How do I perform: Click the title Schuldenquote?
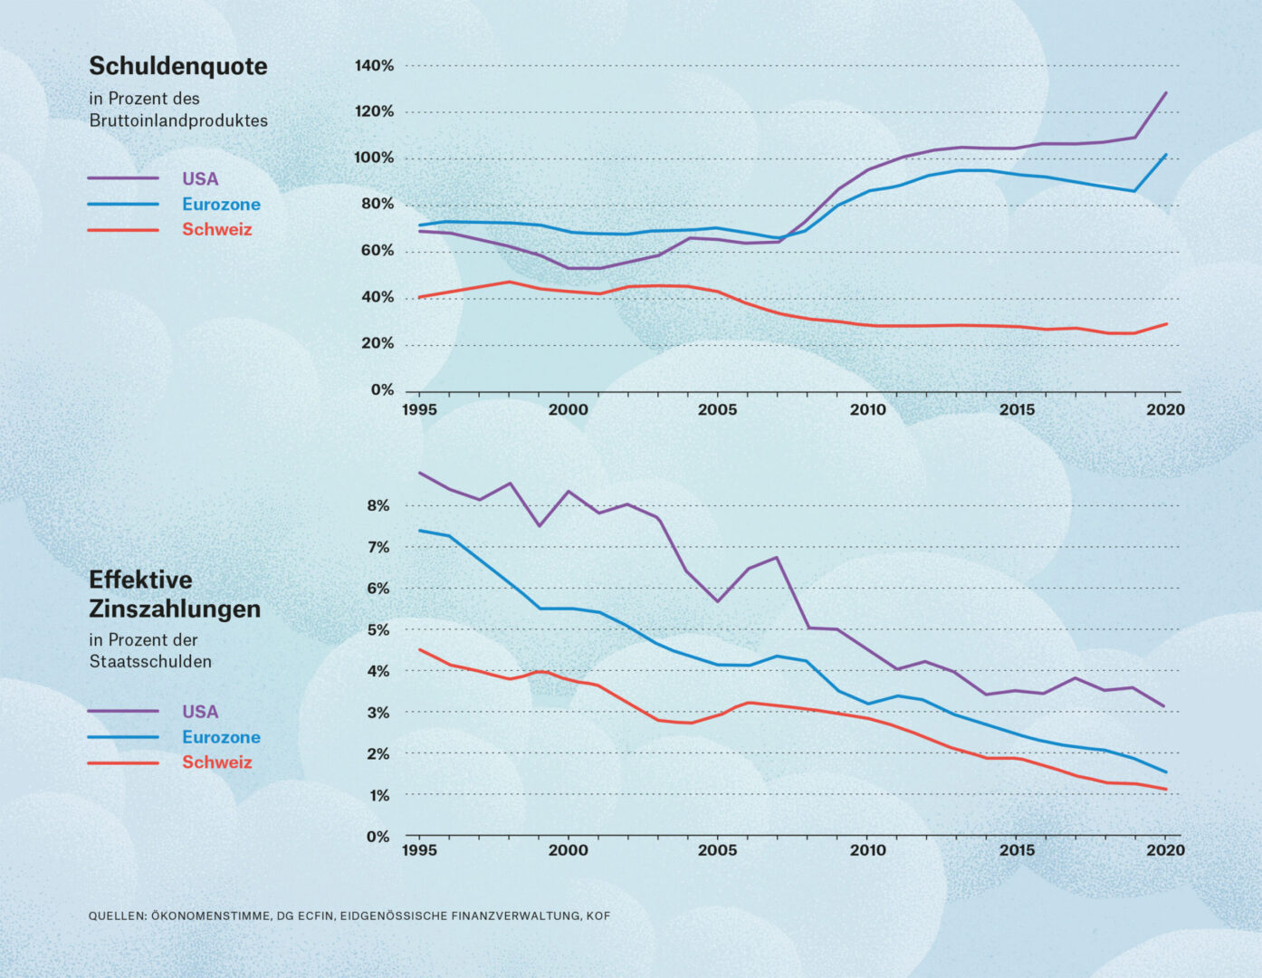pos(178,66)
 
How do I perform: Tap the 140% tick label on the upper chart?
pos(374,66)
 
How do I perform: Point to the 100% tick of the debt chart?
pos(374,158)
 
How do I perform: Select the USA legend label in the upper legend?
pos(200,179)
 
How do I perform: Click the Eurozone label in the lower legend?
pos(221,737)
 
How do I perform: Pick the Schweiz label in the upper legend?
pos(217,230)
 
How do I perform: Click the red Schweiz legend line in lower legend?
pos(123,762)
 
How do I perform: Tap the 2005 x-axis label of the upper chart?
pos(717,409)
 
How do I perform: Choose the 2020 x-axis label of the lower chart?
pos(1165,850)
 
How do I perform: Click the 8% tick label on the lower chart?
pos(378,506)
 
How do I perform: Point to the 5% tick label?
pos(378,630)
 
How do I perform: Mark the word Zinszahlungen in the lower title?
pos(175,609)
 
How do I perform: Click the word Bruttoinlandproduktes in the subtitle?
pos(178,120)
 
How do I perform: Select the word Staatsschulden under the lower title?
pos(150,662)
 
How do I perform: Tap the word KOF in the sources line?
pos(598,916)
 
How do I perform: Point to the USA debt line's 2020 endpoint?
pos(1166,92)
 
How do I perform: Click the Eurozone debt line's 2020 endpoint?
pos(1166,154)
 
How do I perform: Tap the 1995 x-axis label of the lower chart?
pos(419,850)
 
